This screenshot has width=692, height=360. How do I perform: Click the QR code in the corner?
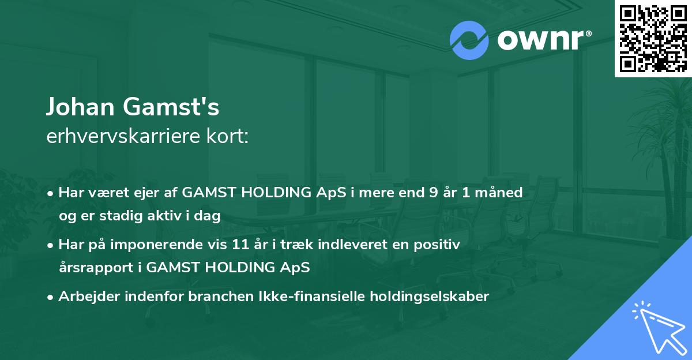click(653, 39)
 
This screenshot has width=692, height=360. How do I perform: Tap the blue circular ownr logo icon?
click(469, 40)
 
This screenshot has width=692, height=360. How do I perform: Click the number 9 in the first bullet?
click(433, 192)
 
